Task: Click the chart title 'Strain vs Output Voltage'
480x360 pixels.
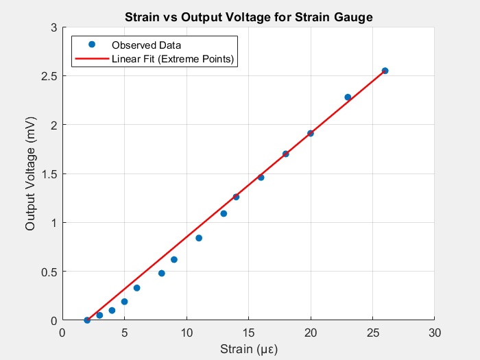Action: (248, 17)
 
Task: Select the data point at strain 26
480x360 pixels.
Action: (385, 71)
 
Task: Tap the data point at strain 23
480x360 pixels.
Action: (348, 97)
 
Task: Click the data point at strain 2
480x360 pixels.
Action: (87, 320)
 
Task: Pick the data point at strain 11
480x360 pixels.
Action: (199, 238)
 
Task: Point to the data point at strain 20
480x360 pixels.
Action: (311, 133)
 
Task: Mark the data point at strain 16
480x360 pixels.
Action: (261, 178)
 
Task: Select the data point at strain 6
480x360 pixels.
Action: (136, 288)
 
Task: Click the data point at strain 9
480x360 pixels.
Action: (174, 259)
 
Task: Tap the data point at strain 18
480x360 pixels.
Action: (286, 154)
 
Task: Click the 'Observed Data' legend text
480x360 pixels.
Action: (151, 45)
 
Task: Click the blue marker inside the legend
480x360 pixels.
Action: (91, 45)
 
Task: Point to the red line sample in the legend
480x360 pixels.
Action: (91, 59)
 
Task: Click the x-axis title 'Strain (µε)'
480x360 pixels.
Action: (248, 349)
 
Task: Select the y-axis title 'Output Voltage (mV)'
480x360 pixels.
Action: (30, 173)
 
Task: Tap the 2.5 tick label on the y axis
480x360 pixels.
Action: (49, 75)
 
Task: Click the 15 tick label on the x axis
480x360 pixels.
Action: (248, 333)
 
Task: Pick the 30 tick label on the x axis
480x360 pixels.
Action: (435, 333)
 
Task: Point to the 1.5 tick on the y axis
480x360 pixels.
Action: (49, 173)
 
